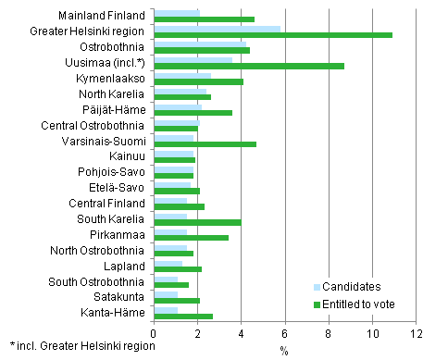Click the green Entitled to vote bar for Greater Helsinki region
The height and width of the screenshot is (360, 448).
pyautogui.click(x=272, y=34)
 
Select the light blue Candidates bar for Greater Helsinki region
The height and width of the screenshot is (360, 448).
pyautogui.click(x=217, y=28)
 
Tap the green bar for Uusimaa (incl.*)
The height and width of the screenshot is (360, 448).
pyautogui.click(x=248, y=66)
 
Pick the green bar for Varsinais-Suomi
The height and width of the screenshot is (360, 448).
pyautogui.click(x=205, y=143)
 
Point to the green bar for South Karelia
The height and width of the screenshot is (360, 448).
pyautogui.click(x=197, y=222)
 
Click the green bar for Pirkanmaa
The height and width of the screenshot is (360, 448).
pyautogui.click(x=191, y=238)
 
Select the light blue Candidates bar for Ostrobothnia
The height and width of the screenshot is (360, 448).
pyautogui.click(x=200, y=43)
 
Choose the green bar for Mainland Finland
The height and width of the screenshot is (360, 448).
pyautogui.click(x=204, y=19)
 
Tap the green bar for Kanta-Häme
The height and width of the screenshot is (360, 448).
pyautogui.click(x=183, y=316)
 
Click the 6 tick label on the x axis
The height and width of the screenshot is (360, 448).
pyautogui.click(x=285, y=332)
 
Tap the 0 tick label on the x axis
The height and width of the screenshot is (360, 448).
pyautogui.click(x=154, y=332)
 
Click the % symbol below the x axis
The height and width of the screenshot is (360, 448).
pyautogui.click(x=285, y=349)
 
